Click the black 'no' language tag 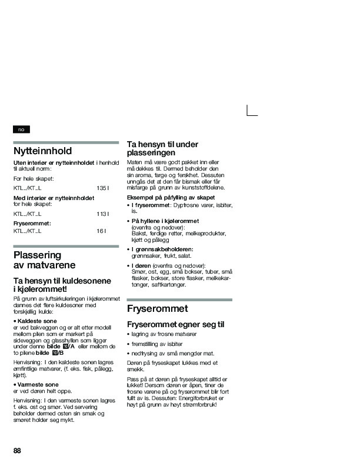(x=21, y=129)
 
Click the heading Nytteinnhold (x=42, y=151)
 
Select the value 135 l (x=103, y=188)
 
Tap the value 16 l (x=101, y=231)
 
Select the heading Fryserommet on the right (x=157, y=309)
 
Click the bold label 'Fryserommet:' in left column (x=32, y=224)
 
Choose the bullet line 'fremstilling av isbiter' (x=155, y=343)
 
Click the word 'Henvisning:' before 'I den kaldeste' (x=27, y=362)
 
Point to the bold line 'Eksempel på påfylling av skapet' (x=171, y=197)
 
